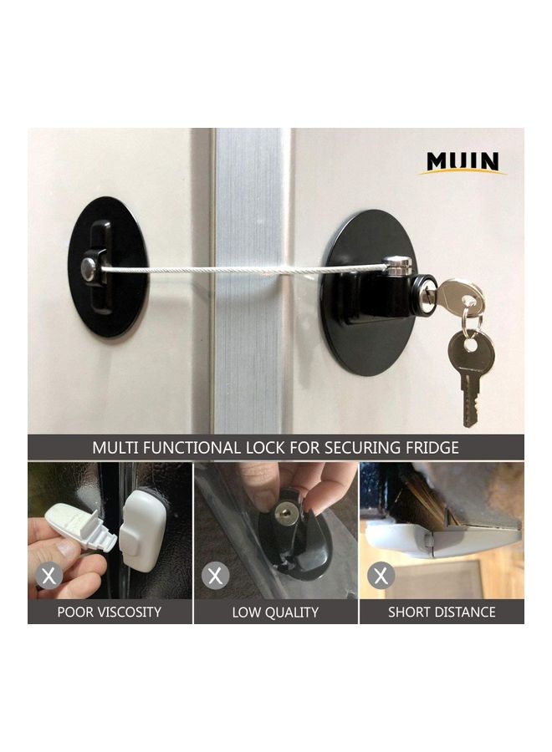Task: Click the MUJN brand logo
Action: pos(462,162)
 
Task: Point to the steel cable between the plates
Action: pos(251,269)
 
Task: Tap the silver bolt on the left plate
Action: pos(89,268)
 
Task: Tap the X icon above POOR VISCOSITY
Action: pos(49,575)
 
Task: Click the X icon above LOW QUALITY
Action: pos(217,575)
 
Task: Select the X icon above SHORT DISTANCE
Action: pos(381,575)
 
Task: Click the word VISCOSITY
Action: pos(130,612)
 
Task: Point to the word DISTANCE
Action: pos(464,612)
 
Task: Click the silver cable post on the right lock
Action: pos(399,267)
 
